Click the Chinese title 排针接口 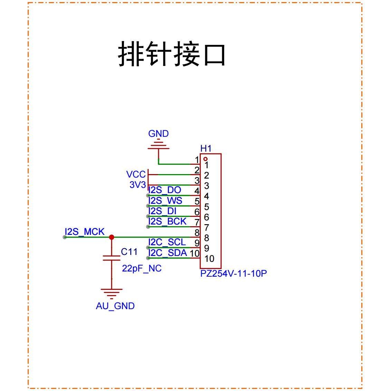click(172, 54)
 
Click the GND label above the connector click(158, 134)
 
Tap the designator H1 click(206, 149)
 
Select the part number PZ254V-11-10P click(233, 274)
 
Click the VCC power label click(136, 174)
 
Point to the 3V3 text click(137, 185)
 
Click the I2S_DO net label click(165, 190)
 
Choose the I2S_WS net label click(165, 201)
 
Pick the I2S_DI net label click(162, 211)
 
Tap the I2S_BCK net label click(168, 221)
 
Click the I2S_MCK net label click(85, 232)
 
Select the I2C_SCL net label click(167, 242)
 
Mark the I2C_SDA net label click(168, 253)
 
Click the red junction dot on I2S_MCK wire click(112, 237)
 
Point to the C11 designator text click(129, 252)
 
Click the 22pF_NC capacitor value click(142, 268)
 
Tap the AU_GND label click(115, 306)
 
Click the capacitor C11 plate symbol click(112, 258)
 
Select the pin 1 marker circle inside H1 click(206, 159)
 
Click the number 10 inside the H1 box click(209, 259)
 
